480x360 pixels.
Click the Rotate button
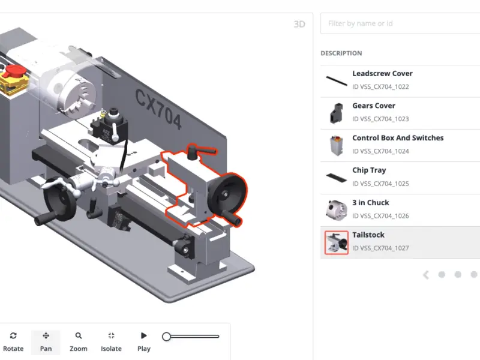click(x=13, y=342)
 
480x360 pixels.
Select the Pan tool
click(x=46, y=342)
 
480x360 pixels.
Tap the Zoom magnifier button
click(x=79, y=342)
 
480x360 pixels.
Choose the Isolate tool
click(x=111, y=342)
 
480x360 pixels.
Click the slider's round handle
click(x=166, y=337)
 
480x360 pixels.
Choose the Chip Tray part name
click(x=369, y=170)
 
